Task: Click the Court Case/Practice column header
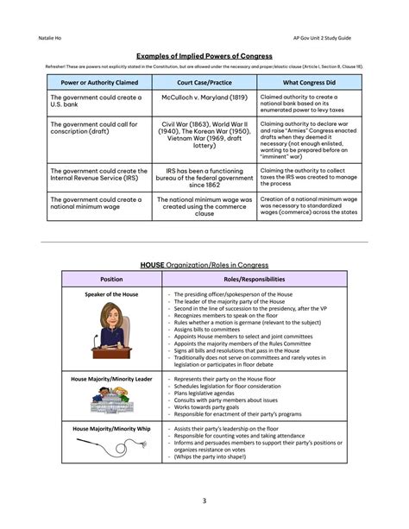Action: [x=203, y=83]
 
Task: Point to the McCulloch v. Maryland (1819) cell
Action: [x=203, y=98]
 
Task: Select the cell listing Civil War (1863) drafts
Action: [x=203, y=135]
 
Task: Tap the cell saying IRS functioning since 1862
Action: [x=203, y=178]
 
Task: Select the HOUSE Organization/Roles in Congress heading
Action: [x=205, y=264]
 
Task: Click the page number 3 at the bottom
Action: [x=204, y=500]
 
